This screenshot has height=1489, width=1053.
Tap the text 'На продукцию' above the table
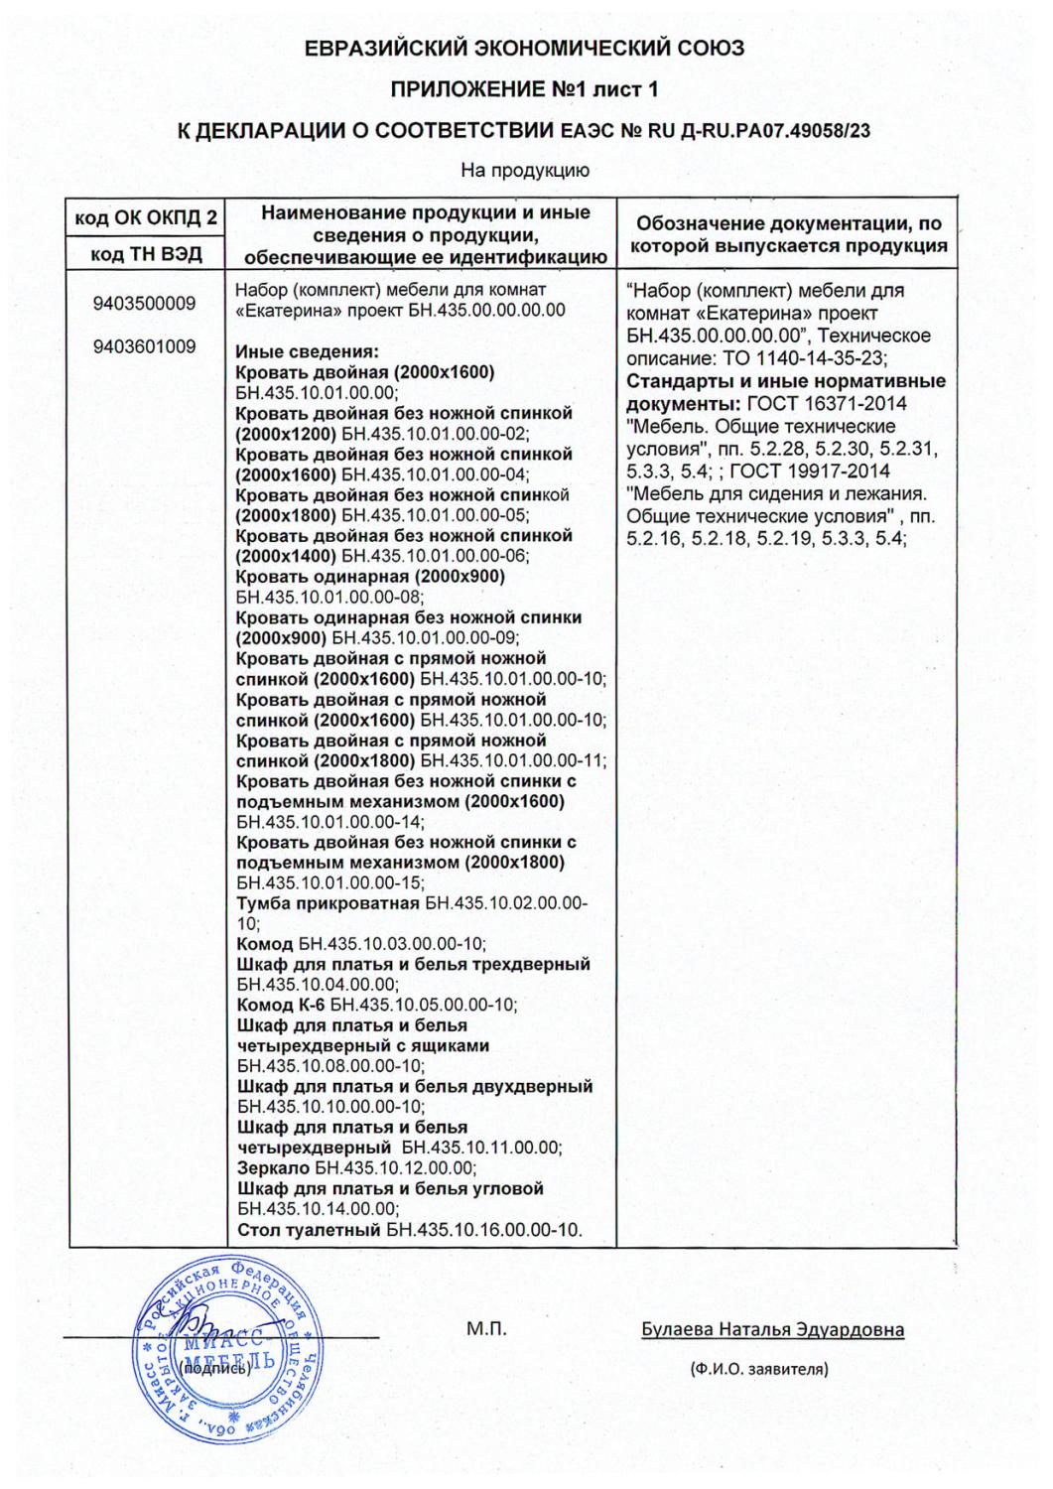(x=525, y=171)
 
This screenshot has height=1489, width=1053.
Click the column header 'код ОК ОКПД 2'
(x=147, y=218)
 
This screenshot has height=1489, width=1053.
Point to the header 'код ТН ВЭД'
(x=147, y=254)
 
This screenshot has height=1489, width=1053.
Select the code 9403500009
(x=145, y=304)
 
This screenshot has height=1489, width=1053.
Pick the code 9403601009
(x=145, y=346)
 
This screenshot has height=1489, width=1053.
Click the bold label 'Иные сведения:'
(x=308, y=351)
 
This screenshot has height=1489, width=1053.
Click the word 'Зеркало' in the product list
(x=273, y=1168)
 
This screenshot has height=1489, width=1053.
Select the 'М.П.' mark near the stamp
(x=486, y=1329)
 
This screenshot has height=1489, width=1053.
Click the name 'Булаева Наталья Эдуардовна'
(x=772, y=1329)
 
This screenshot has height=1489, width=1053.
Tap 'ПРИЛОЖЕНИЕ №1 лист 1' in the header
(x=525, y=89)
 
